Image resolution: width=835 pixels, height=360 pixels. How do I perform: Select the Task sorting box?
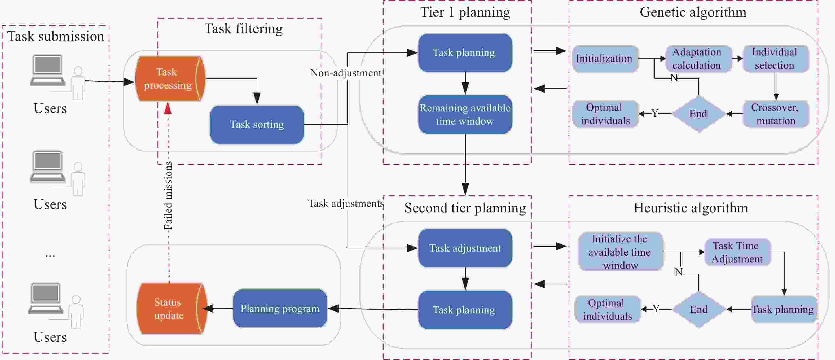[257, 124]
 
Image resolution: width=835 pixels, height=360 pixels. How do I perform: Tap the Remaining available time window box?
[465, 114]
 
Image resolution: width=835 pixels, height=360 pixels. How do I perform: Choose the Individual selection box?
[775, 59]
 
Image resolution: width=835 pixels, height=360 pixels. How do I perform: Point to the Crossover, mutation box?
[775, 114]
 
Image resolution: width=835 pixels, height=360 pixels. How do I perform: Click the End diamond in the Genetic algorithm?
[698, 114]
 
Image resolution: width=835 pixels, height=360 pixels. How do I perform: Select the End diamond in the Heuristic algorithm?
[698, 309]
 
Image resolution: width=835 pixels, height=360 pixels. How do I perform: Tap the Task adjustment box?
[465, 248]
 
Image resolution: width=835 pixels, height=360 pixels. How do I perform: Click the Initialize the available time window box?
[620, 252]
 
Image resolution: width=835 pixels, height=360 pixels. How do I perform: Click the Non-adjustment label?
[346, 73]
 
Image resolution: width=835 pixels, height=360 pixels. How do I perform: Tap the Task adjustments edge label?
[346, 204]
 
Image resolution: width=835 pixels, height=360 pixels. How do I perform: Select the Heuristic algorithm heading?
[691, 208]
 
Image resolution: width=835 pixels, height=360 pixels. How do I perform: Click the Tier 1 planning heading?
[465, 12]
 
